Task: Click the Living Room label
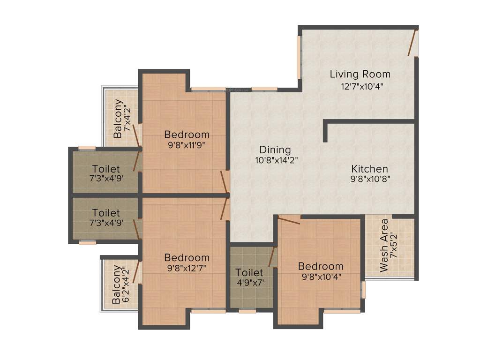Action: (x=360, y=74)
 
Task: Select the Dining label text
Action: (x=275, y=150)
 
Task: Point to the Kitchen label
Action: (x=370, y=169)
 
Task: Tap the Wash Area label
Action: (x=384, y=245)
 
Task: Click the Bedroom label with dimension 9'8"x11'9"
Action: (x=187, y=135)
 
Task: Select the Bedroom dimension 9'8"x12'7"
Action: (x=187, y=268)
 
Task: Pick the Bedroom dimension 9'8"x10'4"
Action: (x=321, y=277)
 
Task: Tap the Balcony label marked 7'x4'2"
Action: (x=118, y=118)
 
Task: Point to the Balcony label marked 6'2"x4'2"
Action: (x=116, y=285)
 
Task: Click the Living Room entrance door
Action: (x=412, y=44)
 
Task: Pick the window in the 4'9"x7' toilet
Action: (x=247, y=310)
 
